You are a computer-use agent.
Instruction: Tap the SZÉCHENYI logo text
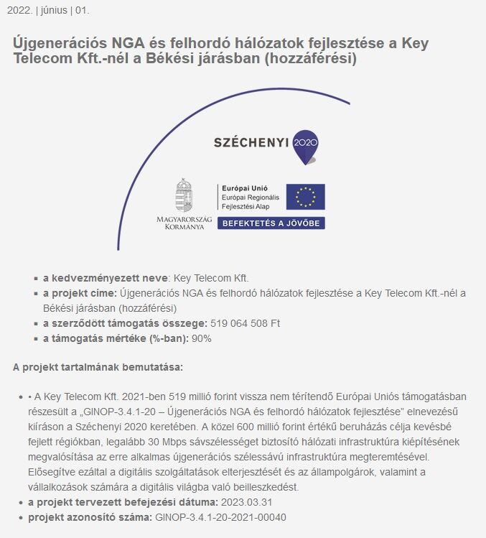[x=251, y=142]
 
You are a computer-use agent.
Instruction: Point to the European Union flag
[x=305, y=197]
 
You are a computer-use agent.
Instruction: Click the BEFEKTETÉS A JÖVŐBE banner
[x=271, y=223]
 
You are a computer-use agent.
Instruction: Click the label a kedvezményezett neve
[x=105, y=277]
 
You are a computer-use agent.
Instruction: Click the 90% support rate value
[x=202, y=338]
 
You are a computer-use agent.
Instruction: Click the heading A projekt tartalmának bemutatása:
[x=98, y=367]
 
